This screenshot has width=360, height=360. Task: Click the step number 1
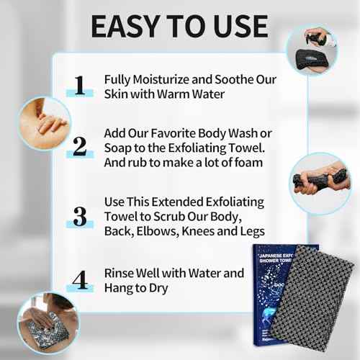[x=80, y=86]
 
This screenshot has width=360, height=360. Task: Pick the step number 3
[x=80, y=215]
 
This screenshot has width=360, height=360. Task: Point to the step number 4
[x=80, y=280]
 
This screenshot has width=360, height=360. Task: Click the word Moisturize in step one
[x=163, y=79]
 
